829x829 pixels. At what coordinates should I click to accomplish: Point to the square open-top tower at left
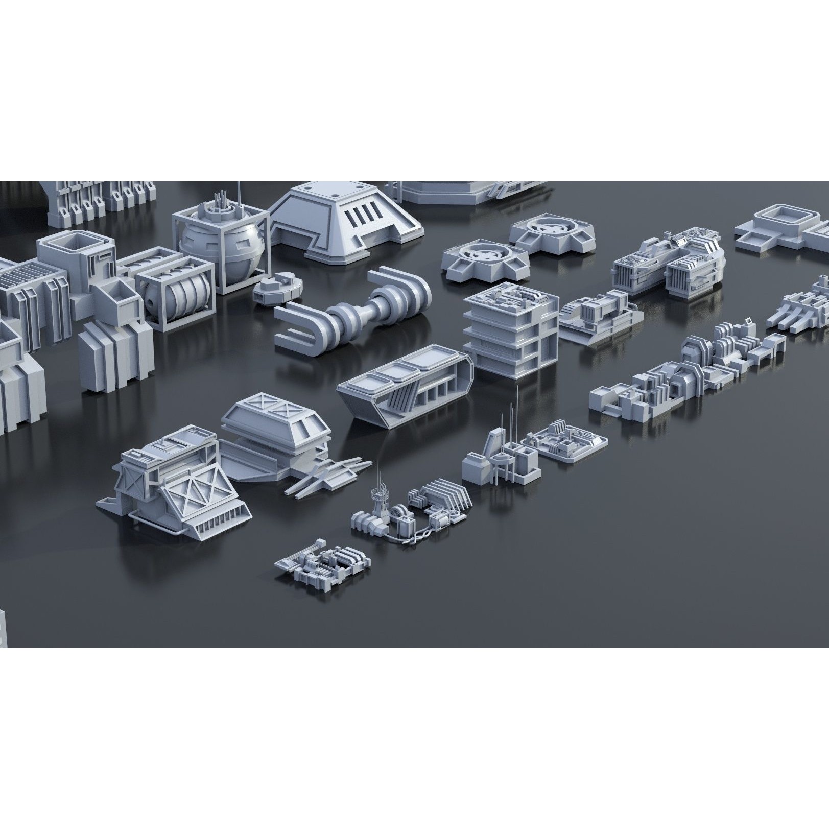click(x=77, y=260)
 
